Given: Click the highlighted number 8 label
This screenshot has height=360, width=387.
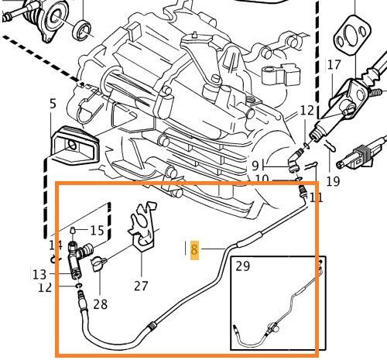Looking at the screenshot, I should [x=194, y=249].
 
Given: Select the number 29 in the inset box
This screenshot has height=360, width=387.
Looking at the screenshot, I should [x=243, y=266].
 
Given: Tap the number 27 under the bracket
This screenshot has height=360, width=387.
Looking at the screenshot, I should [x=140, y=285].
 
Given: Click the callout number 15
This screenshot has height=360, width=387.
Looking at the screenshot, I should [x=97, y=230].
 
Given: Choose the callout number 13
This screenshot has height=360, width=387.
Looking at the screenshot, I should [x=39, y=273].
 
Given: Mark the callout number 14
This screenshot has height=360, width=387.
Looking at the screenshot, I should [x=55, y=245].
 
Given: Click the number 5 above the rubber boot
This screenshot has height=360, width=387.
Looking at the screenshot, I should [x=53, y=104].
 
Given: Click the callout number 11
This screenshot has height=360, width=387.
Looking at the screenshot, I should [x=314, y=197].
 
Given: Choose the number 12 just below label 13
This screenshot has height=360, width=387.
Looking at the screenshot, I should [x=45, y=287].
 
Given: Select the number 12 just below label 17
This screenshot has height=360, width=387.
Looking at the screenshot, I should [x=307, y=111].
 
